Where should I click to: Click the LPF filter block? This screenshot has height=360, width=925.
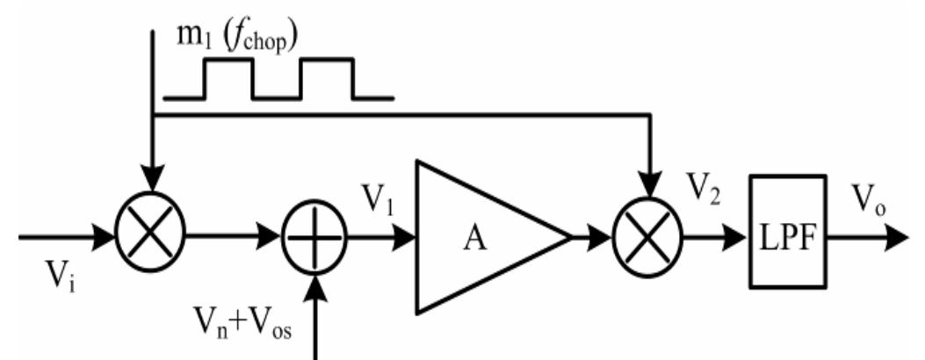pyautogui.click(x=787, y=230)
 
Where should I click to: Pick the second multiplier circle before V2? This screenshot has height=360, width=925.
pyautogui.click(x=649, y=236)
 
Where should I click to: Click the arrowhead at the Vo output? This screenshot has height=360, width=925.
pyautogui.click(x=900, y=236)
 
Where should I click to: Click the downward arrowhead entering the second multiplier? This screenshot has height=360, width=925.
pyautogui.click(x=649, y=186)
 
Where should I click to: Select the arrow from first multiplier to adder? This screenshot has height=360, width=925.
pyautogui.click(x=237, y=236)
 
